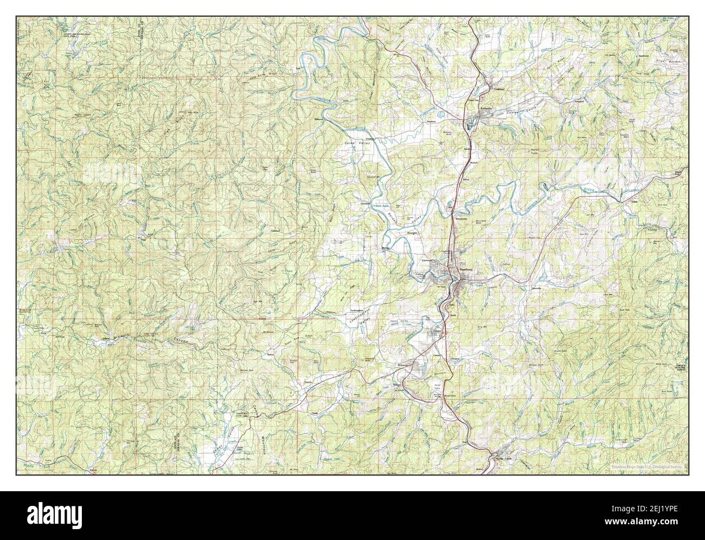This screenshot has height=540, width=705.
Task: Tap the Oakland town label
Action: coord(497,88)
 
